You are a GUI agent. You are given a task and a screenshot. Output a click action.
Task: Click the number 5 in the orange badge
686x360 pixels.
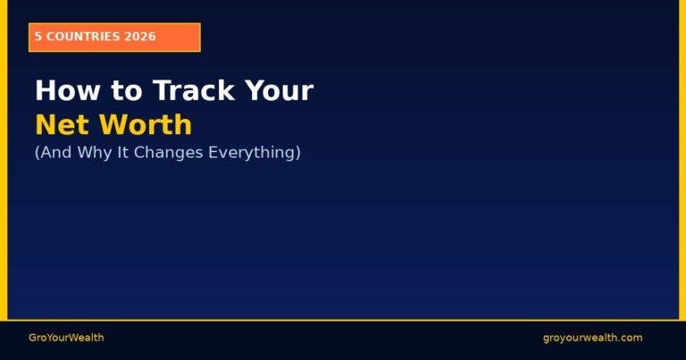[x=38, y=37]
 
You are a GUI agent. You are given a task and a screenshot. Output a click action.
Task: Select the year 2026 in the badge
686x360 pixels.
[x=141, y=37]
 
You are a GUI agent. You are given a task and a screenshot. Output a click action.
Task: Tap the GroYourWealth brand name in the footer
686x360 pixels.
[x=66, y=338]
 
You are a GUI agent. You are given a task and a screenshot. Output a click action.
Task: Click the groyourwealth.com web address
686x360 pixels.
[x=592, y=338]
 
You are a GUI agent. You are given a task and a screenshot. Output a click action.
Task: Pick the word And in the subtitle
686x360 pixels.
[x=53, y=153]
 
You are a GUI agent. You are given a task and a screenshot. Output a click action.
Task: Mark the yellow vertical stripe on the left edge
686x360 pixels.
[x=4, y=161]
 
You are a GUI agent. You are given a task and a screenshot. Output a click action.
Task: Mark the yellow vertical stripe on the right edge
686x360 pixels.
[x=682, y=161]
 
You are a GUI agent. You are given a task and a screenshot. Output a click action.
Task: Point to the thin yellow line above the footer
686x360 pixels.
[x=343, y=319]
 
